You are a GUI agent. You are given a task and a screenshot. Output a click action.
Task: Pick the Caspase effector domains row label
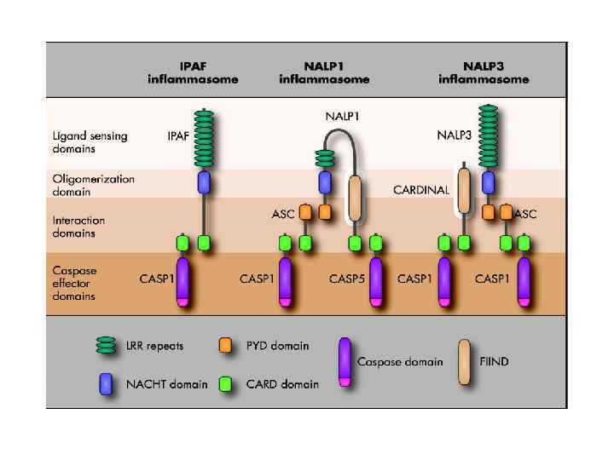tap(74, 283)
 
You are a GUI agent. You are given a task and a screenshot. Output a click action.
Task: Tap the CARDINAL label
tap(421, 190)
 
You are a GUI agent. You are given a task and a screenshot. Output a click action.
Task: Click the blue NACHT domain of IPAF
tap(204, 181)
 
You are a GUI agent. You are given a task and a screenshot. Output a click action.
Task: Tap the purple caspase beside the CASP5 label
tap(375, 282)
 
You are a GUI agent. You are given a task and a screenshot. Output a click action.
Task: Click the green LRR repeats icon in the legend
tap(106, 346)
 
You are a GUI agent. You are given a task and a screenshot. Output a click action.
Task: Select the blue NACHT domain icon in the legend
tap(106, 382)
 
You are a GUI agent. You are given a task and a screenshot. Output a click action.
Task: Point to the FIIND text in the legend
tap(495, 362)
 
